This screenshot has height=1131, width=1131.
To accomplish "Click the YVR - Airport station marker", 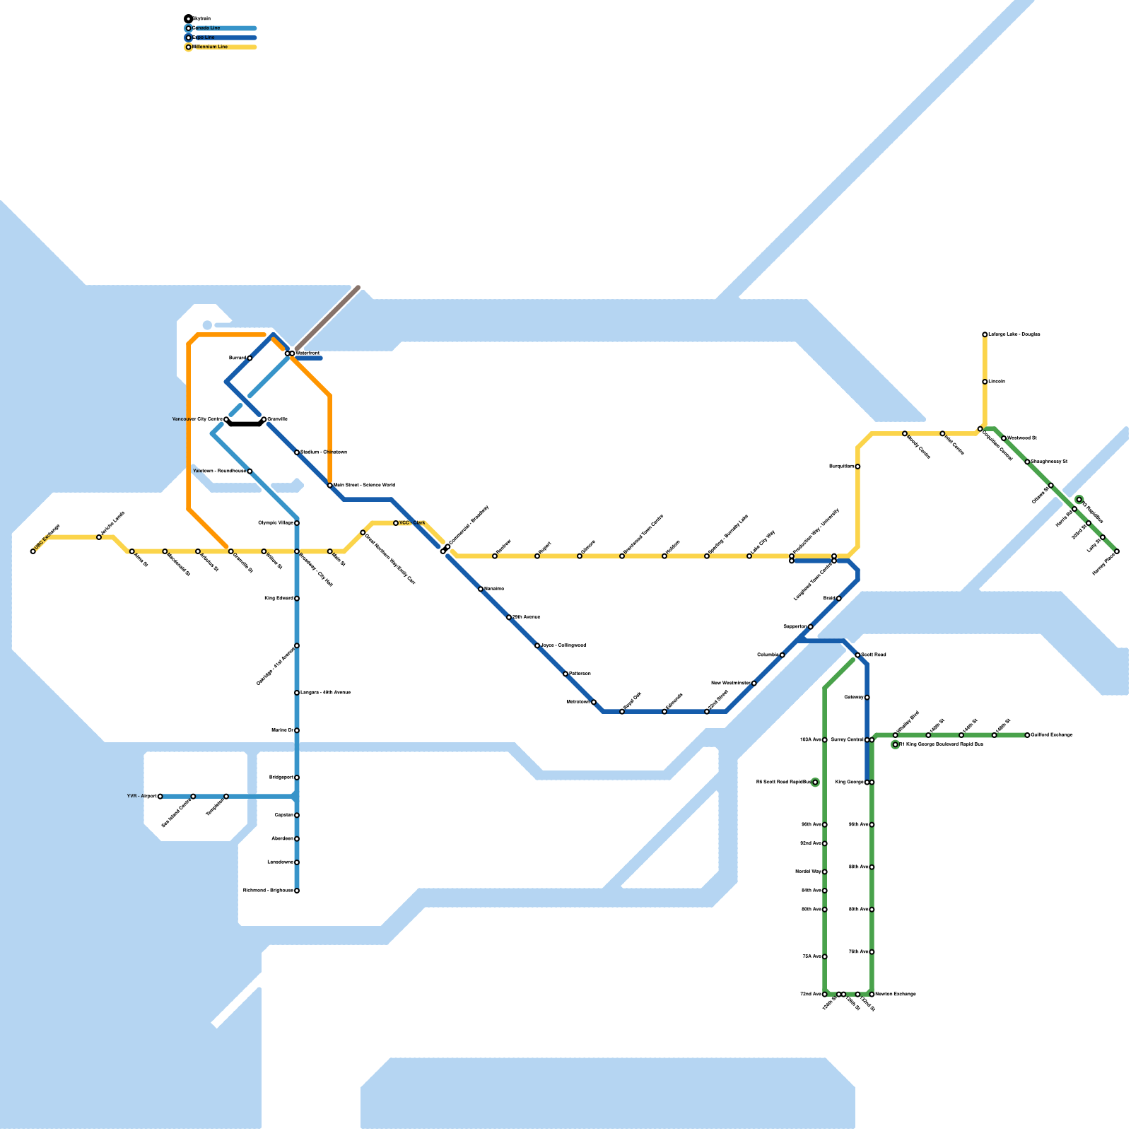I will point(160,797).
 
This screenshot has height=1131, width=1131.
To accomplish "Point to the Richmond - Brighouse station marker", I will point(297,891).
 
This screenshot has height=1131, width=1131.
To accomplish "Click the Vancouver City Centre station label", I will point(197,419).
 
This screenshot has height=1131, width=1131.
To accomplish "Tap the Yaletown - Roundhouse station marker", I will point(250,471).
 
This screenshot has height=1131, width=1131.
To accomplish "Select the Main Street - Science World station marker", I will point(330,486).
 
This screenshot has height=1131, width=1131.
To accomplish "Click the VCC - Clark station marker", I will point(396,523).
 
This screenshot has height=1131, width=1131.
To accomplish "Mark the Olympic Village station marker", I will point(297,523).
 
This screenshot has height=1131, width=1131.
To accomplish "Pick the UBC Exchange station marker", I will point(33,551).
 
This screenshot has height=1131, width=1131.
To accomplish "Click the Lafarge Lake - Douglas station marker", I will point(985,334).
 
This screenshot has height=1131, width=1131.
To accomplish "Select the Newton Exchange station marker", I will point(872,995).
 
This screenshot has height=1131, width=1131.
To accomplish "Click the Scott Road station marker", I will point(857,655).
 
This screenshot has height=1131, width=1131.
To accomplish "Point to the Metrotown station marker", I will point(594,702).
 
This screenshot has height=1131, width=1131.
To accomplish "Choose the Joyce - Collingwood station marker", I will point(537,645).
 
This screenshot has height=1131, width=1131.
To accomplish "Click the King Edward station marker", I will point(297,599).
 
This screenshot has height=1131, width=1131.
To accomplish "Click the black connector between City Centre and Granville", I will point(245,424).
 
